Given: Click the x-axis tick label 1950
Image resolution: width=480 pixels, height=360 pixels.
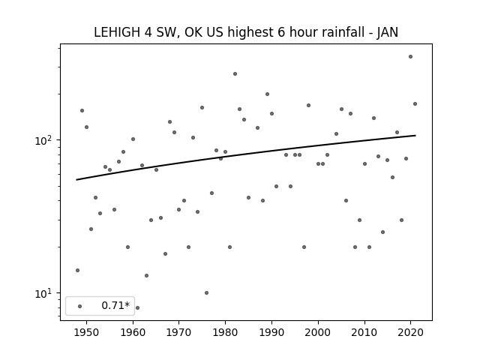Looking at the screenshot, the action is click(87, 333).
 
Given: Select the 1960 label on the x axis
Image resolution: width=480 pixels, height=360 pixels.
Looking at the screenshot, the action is click(133, 333).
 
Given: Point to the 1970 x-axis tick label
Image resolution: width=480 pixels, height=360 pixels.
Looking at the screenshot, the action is click(179, 333).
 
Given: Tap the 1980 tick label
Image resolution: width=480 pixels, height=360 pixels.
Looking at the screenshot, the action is click(225, 333).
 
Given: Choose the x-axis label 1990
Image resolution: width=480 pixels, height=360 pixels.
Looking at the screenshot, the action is click(271, 333).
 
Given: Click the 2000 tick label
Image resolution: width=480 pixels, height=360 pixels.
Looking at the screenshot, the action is click(318, 333).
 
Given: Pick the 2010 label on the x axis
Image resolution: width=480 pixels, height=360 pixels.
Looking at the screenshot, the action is click(364, 333).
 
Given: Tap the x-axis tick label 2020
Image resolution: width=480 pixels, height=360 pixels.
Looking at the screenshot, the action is click(410, 333).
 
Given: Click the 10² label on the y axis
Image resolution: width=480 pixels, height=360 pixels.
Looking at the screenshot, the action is click(45, 140).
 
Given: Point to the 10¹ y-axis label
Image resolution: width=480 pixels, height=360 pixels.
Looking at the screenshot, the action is click(45, 293).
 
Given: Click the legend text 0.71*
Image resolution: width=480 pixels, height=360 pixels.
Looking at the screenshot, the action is click(115, 305).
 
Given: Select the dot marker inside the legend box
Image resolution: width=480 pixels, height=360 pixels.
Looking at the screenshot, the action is click(80, 306).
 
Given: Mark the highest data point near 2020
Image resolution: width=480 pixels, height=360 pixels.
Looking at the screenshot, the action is click(410, 57).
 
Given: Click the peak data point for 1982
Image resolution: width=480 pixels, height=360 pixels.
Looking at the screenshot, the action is click(235, 73).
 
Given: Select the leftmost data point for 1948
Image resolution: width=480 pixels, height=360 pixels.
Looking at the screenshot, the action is click(77, 270).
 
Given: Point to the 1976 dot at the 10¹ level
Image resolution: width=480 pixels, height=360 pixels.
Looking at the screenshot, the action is click(207, 293).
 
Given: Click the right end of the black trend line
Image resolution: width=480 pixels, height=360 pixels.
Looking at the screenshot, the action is click(415, 135).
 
